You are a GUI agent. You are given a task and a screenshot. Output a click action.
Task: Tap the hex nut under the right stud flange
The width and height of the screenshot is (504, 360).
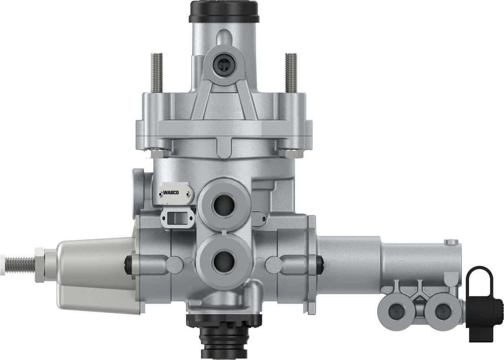click(x=291, y=153)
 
